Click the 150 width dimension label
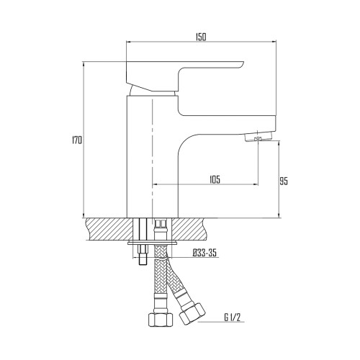201,37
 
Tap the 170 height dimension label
77,140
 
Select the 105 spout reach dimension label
215,180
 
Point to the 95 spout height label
284,181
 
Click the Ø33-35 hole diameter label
204,253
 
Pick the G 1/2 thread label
232,318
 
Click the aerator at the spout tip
258,138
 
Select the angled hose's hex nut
192,314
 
